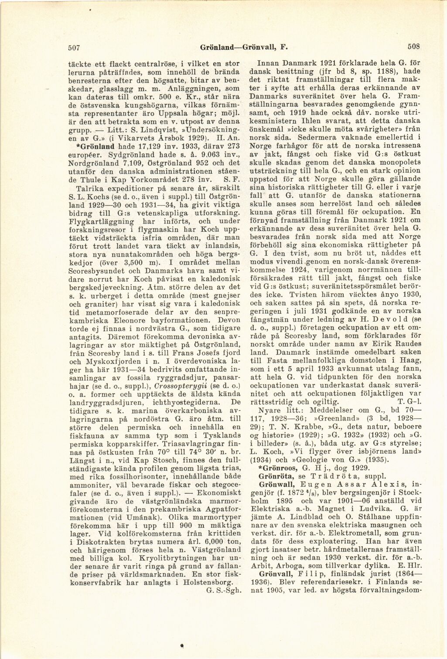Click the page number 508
click(413, 45)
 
